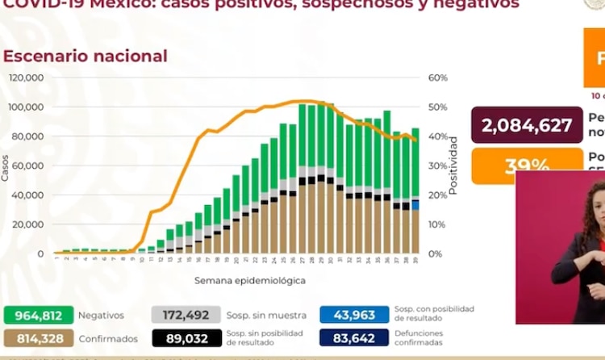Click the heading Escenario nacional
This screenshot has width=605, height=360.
(x=86, y=57)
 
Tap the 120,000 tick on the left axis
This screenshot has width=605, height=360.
(x=27, y=78)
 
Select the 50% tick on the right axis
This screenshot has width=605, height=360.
(x=438, y=107)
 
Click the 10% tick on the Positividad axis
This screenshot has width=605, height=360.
(x=438, y=224)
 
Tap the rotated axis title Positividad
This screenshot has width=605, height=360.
(x=453, y=165)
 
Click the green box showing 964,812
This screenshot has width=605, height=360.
(x=38, y=316)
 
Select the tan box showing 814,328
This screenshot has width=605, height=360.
(x=38, y=339)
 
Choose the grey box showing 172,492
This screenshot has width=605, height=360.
(x=185, y=316)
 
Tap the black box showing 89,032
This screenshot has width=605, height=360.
(x=185, y=339)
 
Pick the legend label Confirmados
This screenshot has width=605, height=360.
(x=109, y=339)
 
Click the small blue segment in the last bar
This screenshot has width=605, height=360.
(x=415, y=205)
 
